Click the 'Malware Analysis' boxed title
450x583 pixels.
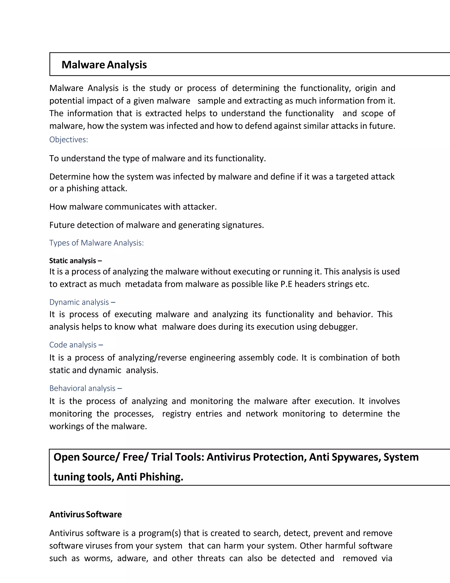(x=104, y=65)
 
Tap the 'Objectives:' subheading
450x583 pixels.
(x=69, y=140)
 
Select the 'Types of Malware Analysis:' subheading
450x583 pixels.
(x=96, y=243)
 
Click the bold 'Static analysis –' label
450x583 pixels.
(x=75, y=261)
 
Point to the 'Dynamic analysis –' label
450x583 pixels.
(x=82, y=302)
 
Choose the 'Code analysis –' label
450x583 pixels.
(x=76, y=345)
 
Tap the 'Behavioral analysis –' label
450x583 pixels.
(x=85, y=388)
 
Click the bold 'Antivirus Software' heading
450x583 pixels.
(x=85, y=514)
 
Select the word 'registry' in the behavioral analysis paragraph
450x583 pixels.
(x=176, y=414)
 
